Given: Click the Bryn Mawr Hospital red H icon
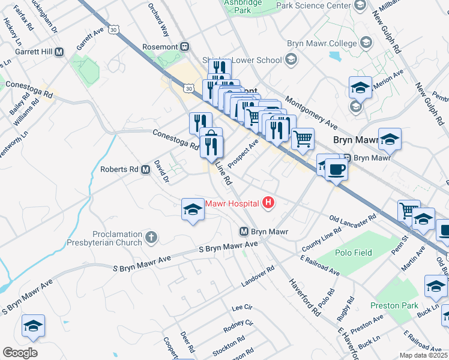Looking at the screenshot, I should click(268, 203).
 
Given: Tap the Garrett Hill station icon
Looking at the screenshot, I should click(59, 52).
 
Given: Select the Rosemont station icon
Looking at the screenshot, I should click(185, 47).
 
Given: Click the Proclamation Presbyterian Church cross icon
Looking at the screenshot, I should click(151, 238).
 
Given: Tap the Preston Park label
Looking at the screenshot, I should click(394, 305).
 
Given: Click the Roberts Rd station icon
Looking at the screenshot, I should click(145, 170).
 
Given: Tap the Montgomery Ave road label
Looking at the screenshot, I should click(312, 112).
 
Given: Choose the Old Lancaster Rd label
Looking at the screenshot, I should click(353, 221).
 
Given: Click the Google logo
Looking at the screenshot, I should click(20, 353).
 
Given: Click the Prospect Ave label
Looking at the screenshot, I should click(243, 154).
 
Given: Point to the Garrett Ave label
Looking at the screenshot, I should click(90, 38).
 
